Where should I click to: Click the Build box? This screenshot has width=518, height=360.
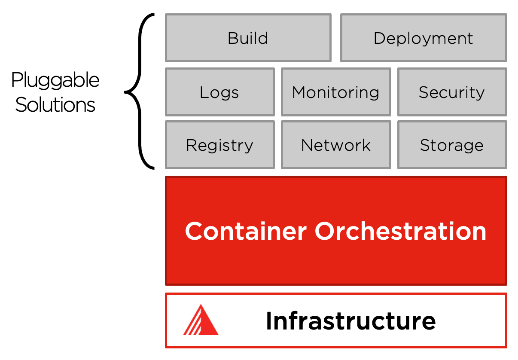pyautogui.click(x=248, y=38)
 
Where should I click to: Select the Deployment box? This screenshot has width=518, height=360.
pyautogui.click(x=424, y=38)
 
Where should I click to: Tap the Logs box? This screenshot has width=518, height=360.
pyautogui.click(x=219, y=92)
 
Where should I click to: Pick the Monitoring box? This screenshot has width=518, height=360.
pyautogui.click(x=336, y=92)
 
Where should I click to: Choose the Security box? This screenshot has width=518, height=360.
pyautogui.click(x=452, y=92)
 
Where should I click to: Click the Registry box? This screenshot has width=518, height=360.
pyautogui.click(x=219, y=145)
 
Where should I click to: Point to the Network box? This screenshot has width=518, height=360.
pyautogui.click(x=336, y=145)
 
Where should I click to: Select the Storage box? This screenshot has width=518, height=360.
pyautogui.click(x=452, y=145)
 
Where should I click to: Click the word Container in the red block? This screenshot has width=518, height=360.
pyautogui.click(x=246, y=231)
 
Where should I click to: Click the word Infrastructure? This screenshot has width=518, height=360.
pyautogui.click(x=350, y=321)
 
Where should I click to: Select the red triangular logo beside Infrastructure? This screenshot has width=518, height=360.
pyautogui.click(x=201, y=320)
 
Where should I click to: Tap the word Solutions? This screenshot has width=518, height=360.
pyautogui.click(x=55, y=104)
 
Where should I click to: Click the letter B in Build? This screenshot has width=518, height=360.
pyautogui.click(x=232, y=38)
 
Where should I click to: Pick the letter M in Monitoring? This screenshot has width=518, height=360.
pyautogui.click(x=299, y=92)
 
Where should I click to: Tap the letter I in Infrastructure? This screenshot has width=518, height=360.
pyautogui.click(x=269, y=321)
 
